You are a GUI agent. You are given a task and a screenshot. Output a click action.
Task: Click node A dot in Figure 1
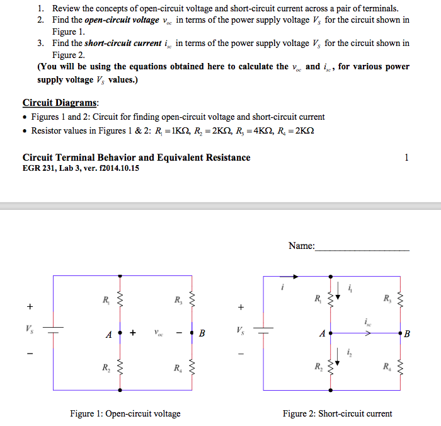pyautogui.click(x=120, y=332)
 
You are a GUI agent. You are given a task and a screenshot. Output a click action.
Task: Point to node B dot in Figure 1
pyautogui.click(x=192, y=332)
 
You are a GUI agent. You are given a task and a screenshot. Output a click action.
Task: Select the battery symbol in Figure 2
pyautogui.click(x=264, y=329)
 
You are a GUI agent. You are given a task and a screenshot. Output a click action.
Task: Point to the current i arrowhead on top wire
pyautogui.click(x=295, y=276)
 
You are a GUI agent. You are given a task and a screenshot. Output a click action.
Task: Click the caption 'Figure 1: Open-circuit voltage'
pyautogui.click(x=125, y=413)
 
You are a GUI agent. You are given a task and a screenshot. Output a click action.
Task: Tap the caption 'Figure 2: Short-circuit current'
pyautogui.click(x=337, y=413)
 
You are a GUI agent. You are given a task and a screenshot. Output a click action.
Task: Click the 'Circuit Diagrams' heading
pyautogui.click(x=60, y=103)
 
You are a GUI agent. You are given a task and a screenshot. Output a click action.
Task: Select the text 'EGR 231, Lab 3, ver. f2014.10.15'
pyautogui.click(x=81, y=168)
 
